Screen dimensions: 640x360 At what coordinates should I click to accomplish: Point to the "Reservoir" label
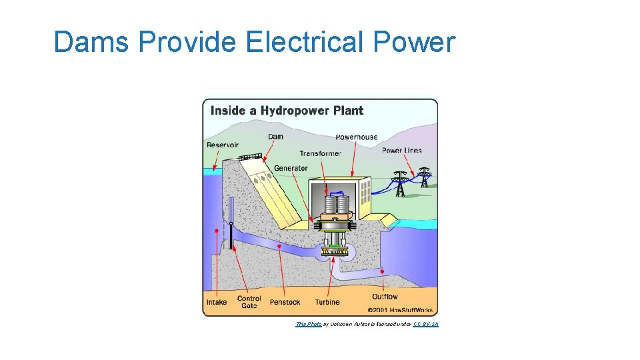(x=223, y=145)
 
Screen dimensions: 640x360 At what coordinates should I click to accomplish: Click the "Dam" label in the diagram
(x=275, y=137)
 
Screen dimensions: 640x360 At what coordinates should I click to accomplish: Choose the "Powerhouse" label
(x=356, y=137)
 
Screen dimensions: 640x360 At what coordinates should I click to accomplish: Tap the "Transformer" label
(x=320, y=153)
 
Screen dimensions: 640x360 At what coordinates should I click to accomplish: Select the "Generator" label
(x=291, y=168)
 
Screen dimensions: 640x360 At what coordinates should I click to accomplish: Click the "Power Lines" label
(x=401, y=151)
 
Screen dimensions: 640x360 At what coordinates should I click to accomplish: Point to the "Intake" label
(x=217, y=302)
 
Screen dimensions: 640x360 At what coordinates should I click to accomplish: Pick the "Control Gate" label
(x=249, y=302)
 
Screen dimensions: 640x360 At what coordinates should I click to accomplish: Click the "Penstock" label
(x=285, y=302)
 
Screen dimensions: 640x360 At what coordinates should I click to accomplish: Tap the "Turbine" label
(x=327, y=302)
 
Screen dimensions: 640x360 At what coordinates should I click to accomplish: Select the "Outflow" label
(x=385, y=297)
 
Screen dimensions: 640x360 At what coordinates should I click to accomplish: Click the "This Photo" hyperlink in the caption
(x=308, y=324)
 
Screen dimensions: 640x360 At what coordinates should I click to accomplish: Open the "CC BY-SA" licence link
(x=425, y=324)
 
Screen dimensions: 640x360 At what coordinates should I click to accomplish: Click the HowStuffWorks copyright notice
(x=401, y=309)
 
